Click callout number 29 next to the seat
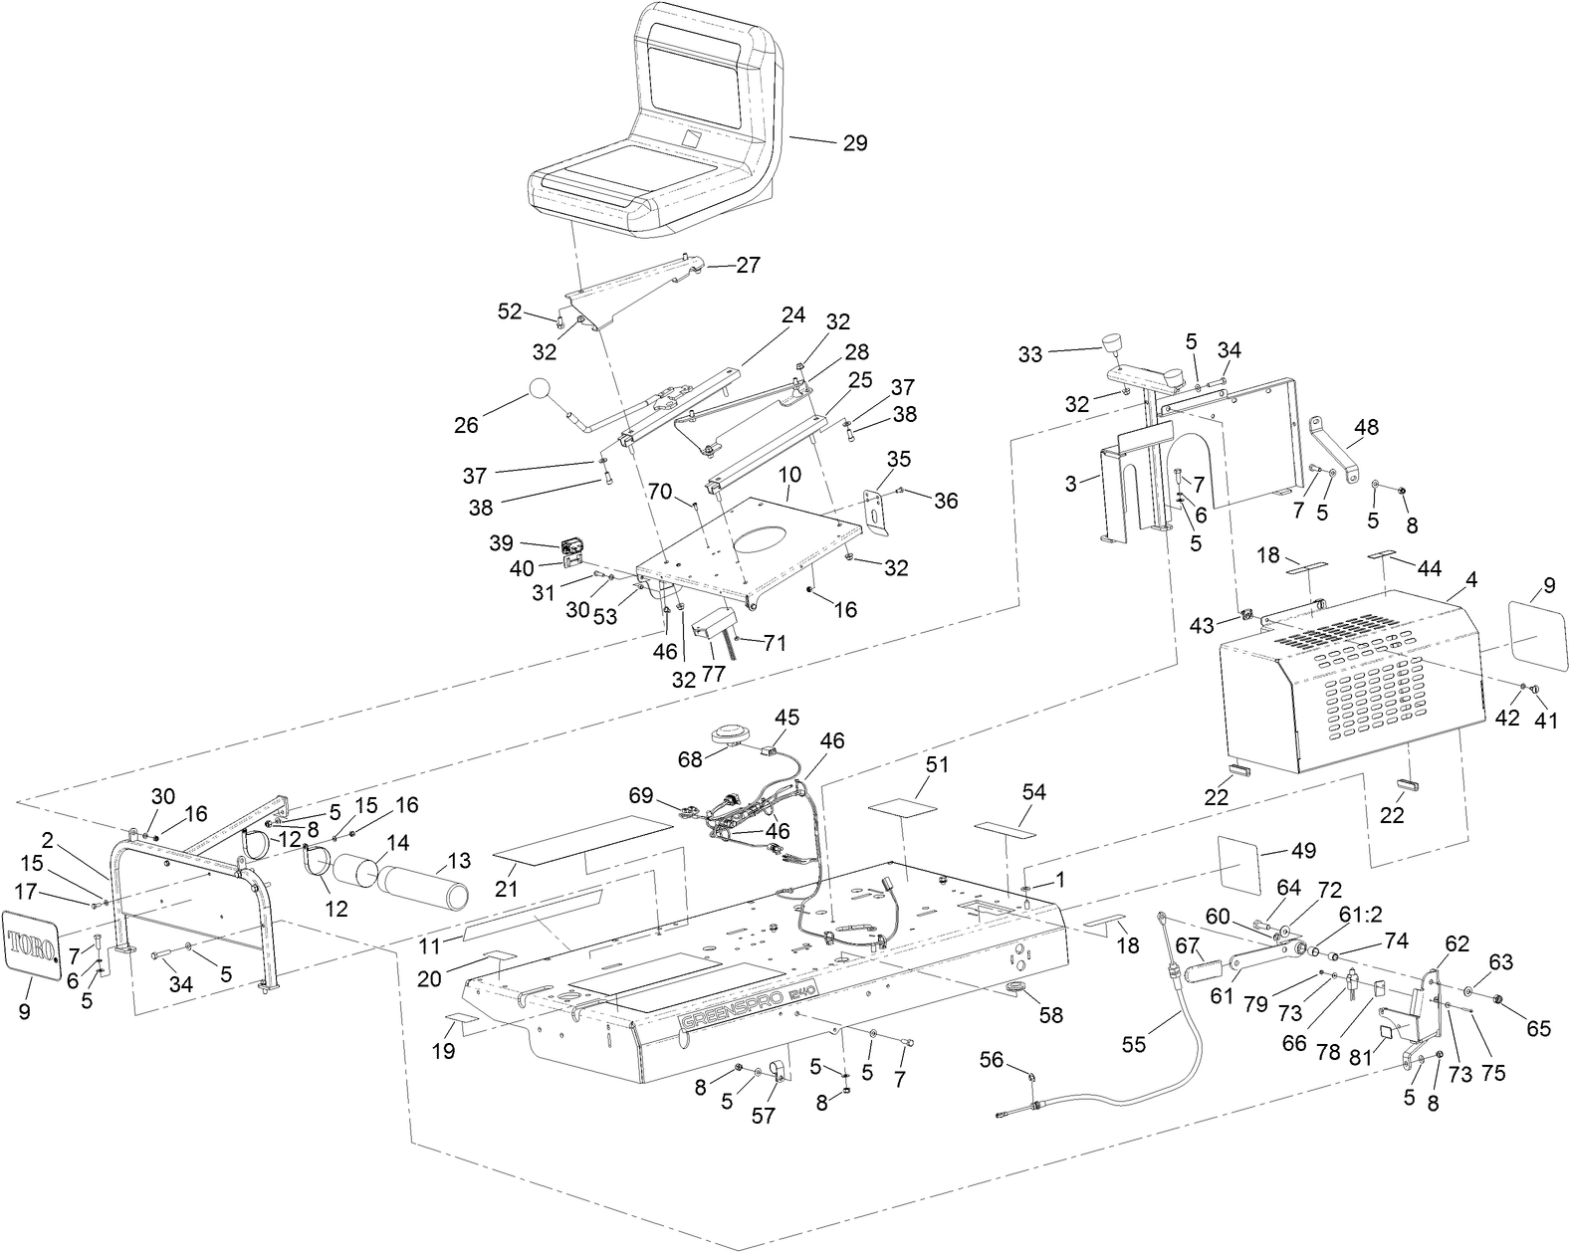tap(854, 143)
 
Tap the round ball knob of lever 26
tap(540, 389)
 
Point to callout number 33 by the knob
tap(1030, 354)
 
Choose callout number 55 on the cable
tap(1134, 1044)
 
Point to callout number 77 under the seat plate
tap(713, 673)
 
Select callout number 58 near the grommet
tap(1051, 1015)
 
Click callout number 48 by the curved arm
tap(1367, 428)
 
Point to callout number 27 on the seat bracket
tap(748, 265)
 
